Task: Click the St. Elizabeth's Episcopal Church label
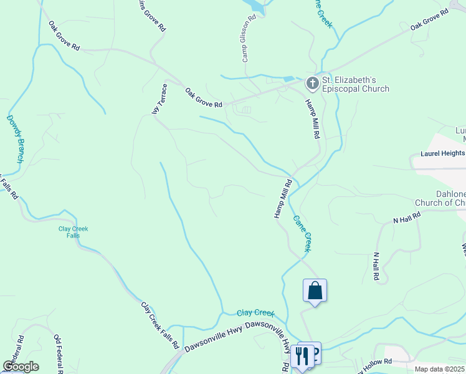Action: click(356, 84)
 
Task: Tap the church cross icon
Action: click(311, 83)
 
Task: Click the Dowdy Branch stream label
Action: click(16, 139)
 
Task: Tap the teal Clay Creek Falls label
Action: click(74, 232)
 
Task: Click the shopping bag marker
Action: click(315, 290)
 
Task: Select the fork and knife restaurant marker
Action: click(302, 357)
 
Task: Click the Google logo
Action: click(21, 366)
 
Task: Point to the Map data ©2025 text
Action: click(439, 369)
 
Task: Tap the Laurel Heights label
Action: click(442, 153)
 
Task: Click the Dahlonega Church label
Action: click(440, 198)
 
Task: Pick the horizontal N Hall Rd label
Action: click(407, 218)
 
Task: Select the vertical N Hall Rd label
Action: click(376, 266)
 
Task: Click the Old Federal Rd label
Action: click(57, 353)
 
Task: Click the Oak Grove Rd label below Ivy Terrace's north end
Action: click(204, 97)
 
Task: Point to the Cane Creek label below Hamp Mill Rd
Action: click(302, 233)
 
